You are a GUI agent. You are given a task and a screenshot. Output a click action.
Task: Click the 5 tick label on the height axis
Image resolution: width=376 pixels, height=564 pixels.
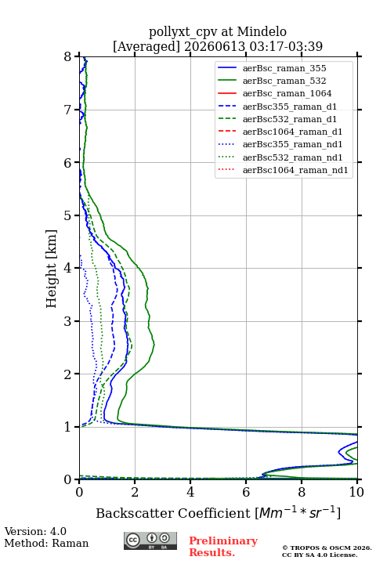coord(68,215)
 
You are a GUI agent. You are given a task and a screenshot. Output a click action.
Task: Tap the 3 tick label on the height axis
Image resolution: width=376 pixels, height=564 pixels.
coord(68,321)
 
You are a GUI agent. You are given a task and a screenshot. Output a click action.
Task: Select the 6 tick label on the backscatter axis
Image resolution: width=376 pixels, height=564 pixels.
coord(246,492)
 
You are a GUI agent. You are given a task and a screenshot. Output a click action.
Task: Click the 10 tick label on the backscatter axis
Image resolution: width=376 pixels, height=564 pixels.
coord(356,492)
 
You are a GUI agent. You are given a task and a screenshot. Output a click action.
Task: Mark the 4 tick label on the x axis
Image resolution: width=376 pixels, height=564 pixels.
coord(190,492)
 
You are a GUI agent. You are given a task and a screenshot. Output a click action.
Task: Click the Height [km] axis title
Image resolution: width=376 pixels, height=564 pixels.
coord(52,269)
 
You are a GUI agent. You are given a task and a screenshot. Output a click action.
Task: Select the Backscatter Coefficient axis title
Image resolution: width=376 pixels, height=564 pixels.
coord(218,512)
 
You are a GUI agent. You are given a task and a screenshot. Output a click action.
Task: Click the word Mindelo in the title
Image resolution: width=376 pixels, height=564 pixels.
coord(262,31)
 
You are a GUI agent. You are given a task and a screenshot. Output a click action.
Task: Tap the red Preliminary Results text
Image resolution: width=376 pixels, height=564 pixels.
coord(223,546)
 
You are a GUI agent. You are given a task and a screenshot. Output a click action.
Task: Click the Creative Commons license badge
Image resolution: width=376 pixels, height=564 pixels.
coord(150,540)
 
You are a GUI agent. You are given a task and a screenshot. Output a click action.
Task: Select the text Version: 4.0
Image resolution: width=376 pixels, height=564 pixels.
coord(35,531)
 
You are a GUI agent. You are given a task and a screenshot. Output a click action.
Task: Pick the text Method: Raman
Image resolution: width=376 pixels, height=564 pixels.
coord(46,543)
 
